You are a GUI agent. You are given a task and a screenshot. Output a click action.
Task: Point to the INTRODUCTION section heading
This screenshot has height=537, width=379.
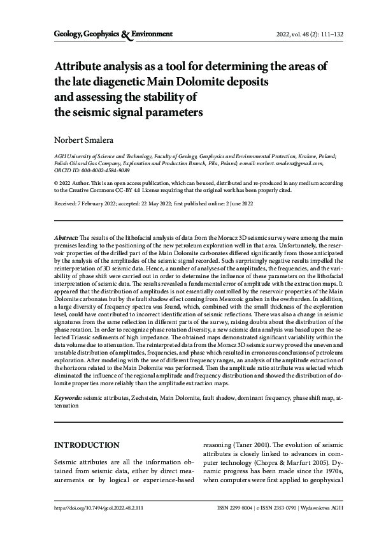(x=87, y=445)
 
